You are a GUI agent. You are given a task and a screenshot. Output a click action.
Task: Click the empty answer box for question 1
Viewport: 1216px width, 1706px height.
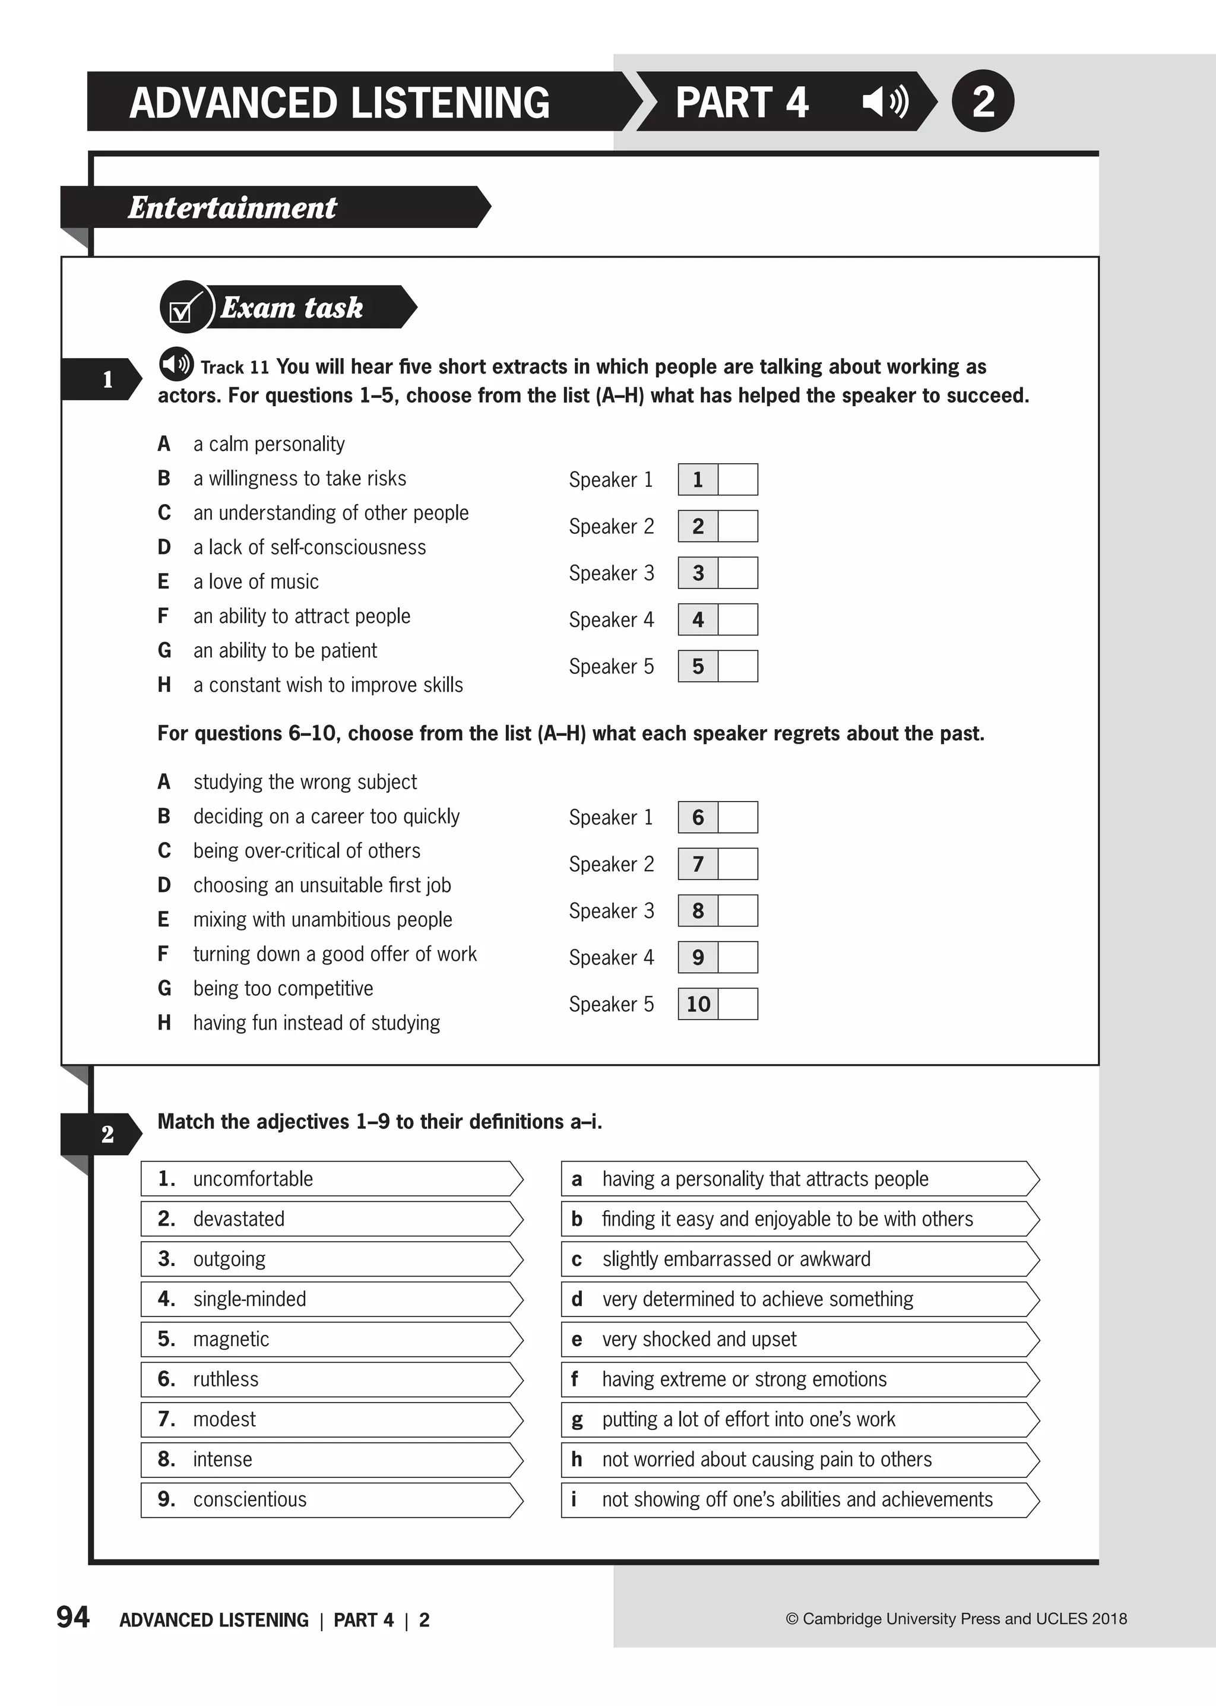pyautogui.click(x=737, y=479)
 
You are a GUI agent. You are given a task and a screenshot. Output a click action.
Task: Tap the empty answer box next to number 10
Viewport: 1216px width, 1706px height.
pyautogui.click(x=737, y=1004)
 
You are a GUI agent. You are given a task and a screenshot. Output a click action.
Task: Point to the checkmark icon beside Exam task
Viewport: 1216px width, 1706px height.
pyautogui.click(x=183, y=307)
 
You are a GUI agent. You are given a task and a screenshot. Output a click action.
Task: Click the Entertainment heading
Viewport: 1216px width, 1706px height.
pyautogui.click(x=232, y=207)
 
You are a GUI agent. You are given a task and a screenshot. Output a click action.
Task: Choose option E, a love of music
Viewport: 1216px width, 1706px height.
pyautogui.click(x=255, y=581)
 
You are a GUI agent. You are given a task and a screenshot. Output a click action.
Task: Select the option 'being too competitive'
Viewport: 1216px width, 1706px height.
pyautogui.click(x=282, y=988)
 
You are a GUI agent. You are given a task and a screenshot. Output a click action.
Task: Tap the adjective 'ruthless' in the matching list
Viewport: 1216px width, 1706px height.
pyautogui.click(x=226, y=1379)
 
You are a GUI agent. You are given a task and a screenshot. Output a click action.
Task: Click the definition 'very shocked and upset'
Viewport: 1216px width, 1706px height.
pyautogui.click(x=699, y=1339)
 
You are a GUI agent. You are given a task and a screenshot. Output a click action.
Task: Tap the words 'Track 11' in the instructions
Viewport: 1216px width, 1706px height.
pyautogui.click(x=235, y=368)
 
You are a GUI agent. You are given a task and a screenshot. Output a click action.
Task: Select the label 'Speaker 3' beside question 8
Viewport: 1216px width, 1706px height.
pyautogui.click(x=611, y=911)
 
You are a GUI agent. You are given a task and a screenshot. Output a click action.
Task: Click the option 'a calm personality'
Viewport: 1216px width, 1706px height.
pyautogui.click(x=269, y=444)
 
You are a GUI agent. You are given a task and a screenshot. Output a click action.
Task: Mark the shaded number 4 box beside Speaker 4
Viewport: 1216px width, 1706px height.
pyautogui.click(x=698, y=619)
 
